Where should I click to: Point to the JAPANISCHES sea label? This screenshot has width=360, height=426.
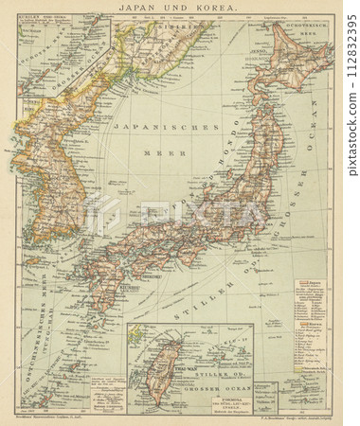(141, 127)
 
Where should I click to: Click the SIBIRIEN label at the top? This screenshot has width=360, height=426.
(171, 28)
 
